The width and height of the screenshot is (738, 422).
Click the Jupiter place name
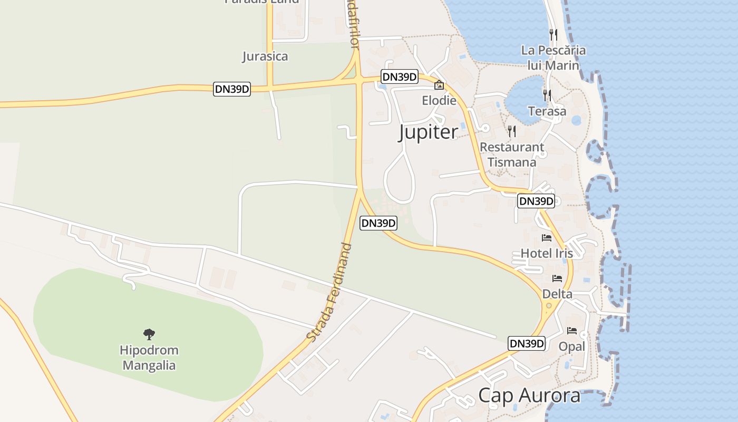click(x=428, y=132)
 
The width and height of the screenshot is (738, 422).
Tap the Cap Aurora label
click(x=529, y=396)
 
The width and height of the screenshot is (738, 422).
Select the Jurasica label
click(x=265, y=56)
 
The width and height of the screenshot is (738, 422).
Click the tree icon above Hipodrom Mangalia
click(x=149, y=334)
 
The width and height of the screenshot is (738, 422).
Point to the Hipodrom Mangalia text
click(x=149, y=358)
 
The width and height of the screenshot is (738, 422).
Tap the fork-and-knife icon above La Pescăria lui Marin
click(x=553, y=35)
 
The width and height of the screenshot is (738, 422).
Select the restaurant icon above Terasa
click(x=547, y=95)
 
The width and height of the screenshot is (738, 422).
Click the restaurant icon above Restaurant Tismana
click(x=511, y=131)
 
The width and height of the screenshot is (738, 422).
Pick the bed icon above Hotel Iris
click(x=547, y=238)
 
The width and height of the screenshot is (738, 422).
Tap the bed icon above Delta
click(x=557, y=279)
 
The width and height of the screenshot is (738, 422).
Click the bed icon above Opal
click(x=572, y=331)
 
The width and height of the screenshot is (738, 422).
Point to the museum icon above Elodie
click(x=439, y=85)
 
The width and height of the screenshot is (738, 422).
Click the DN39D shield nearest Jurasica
click(x=232, y=89)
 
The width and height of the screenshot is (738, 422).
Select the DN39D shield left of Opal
click(x=527, y=343)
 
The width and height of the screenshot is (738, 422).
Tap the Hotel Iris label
click(x=547, y=253)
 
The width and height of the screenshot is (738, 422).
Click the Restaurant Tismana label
click(x=512, y=155)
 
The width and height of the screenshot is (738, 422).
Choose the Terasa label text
click(x=547, y=111)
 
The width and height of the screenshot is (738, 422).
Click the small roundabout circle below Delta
click(x=549, y=305)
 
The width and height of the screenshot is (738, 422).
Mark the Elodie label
click(x=439, y=100)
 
